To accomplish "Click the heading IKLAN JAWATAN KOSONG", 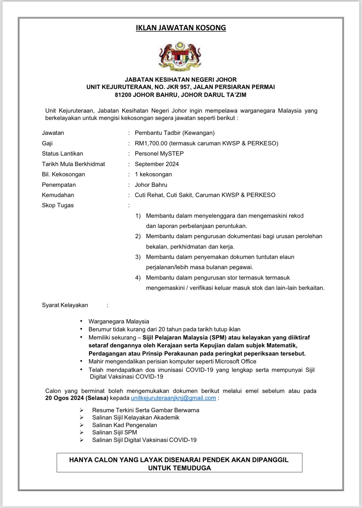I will [x=181, y=28].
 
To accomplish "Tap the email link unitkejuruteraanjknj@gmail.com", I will [x=173, y=398].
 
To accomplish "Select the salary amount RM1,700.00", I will [x=151, y=143].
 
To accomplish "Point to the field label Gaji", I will [x=47, y=143].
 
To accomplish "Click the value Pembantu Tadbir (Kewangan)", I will [x=174, y=133].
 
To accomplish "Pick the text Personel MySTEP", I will [x=159, y=154].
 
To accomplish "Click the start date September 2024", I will [x=157, y=164].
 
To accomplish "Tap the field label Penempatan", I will [x=59, y=185].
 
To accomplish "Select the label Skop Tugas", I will [x=58, y=205].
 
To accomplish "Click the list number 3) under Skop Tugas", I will [x=138, y=257].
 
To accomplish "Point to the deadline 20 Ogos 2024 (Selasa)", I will [x=77, y=398].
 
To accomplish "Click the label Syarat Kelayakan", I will [x=65, y=305].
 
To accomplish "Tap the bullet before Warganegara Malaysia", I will [x=81, y=321].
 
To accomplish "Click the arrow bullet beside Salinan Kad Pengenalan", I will [x=82, y=425].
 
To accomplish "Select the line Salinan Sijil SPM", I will [x=114, y=432].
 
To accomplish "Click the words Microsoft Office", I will [x=236, y=361].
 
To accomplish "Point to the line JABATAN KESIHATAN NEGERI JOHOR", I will [x=181, y=79].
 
